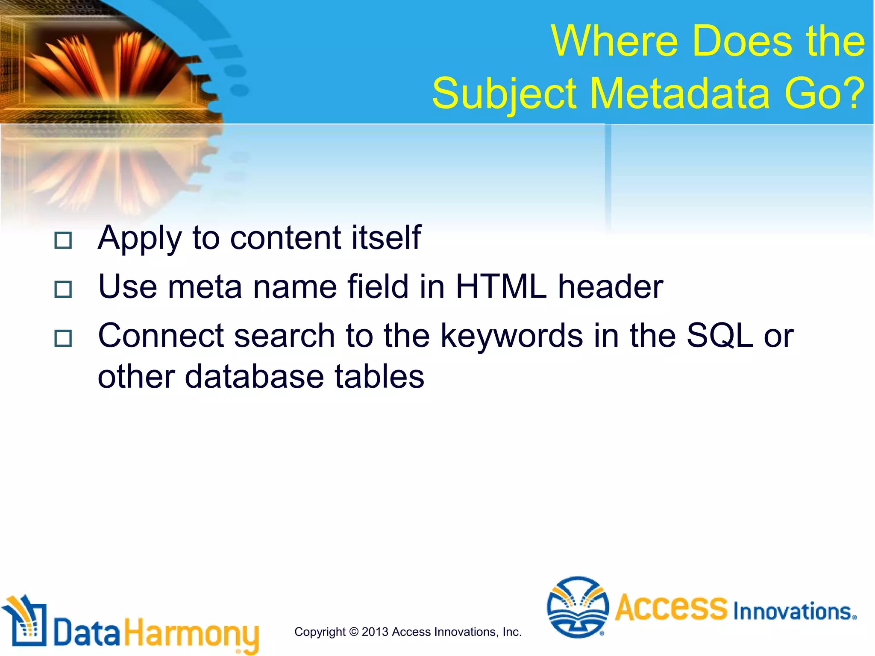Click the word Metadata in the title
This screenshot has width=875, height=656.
click(681, 93)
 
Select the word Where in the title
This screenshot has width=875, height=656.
click(614, 41)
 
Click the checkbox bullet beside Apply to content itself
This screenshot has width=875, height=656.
click(63, 240)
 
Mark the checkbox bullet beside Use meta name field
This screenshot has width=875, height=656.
click(63, 290)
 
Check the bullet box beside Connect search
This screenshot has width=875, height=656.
click(63, 339)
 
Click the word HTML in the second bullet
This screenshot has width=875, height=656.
click(501, 287)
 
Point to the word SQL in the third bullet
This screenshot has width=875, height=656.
click(719, 336)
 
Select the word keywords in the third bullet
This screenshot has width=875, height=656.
click(511, 336)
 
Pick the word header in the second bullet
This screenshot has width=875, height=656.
click(611, 287)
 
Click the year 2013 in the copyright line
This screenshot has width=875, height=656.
click(375, 632)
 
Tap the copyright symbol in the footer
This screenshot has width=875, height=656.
click(353, 632)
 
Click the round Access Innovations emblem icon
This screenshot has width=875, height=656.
click(578, 607)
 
